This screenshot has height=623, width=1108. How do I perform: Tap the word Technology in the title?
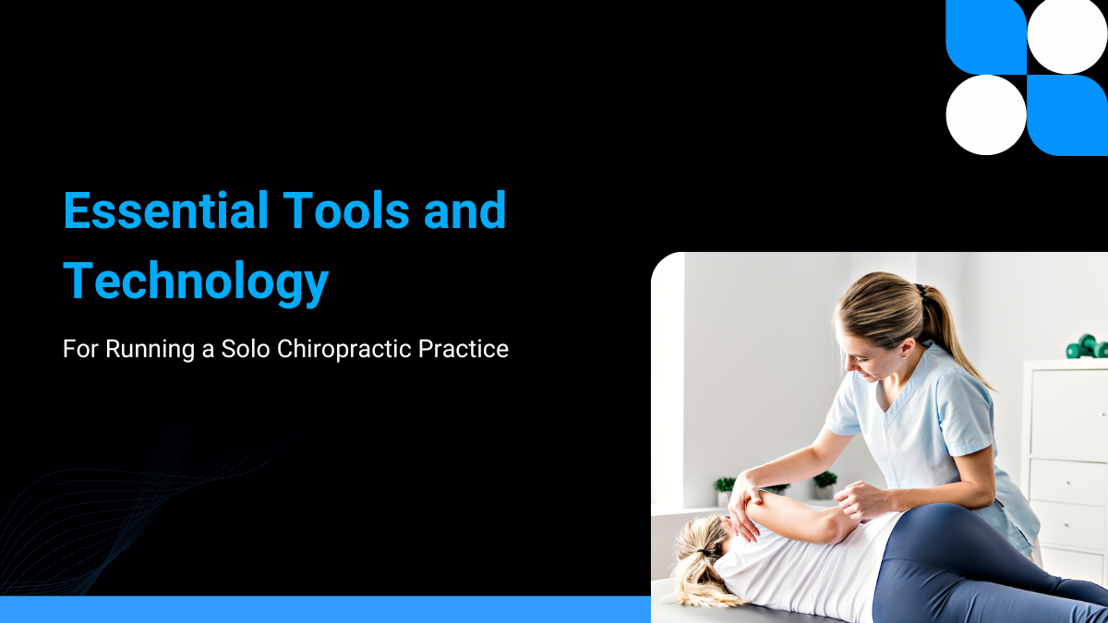coord(196,281)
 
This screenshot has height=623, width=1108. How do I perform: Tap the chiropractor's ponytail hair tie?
coord(920,292)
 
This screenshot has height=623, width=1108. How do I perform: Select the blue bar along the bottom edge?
coord(323,609)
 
